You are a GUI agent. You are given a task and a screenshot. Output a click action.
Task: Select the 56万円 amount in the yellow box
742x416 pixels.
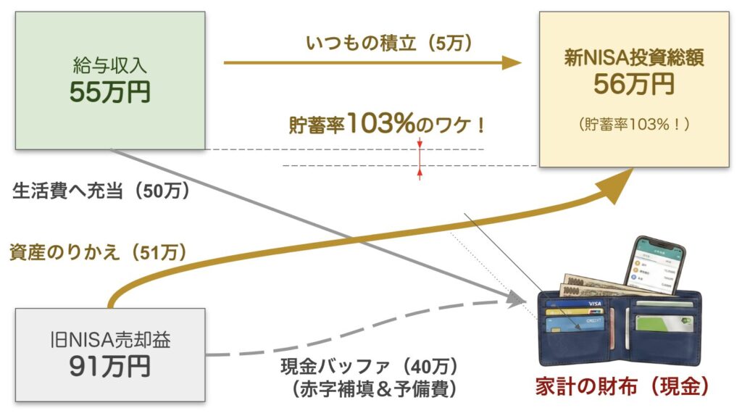[x=634, y=86]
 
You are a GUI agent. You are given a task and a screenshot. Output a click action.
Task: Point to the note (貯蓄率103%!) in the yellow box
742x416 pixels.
[x=634, y=125]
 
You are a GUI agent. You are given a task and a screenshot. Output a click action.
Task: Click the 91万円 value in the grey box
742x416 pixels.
[x=110, y=367]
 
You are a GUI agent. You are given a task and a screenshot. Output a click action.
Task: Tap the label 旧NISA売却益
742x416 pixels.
[x=110, y=339]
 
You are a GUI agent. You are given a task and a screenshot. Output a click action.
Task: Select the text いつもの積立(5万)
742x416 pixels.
[x=379, y=43]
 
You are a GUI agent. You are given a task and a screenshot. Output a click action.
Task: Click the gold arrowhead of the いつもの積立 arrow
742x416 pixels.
[x=512, y=63]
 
